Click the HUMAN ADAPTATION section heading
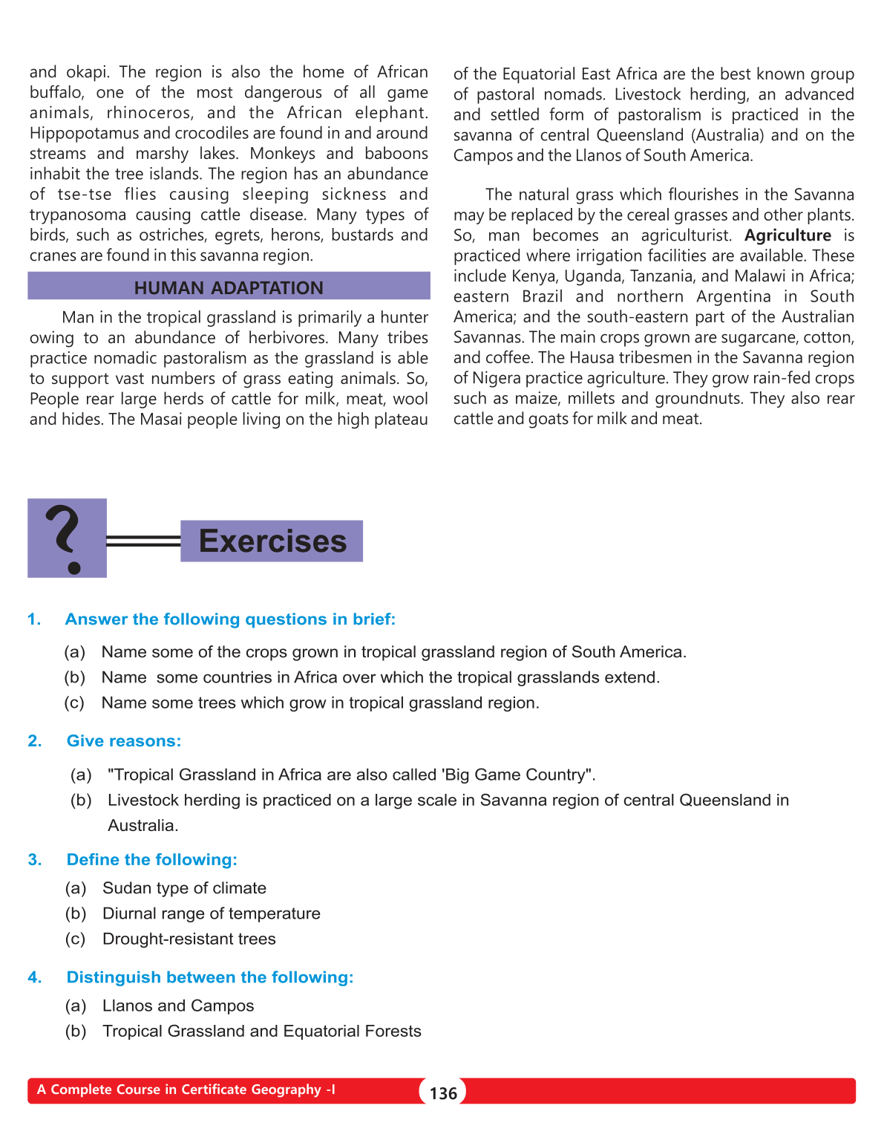click(x=229, y=287)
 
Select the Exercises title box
click(x=272, y=541)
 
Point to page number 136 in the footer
click(x=443, y=1093)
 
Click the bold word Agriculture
click(x=788, y=235)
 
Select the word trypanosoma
click(x=76, y=215)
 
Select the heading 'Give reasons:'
click(x=124, y=741)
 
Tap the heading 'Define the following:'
click(x=151, y=859)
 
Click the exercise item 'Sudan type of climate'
click(x=184, y=888)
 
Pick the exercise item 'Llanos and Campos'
click(x=178, y=1006)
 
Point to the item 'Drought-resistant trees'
click(x=189, y=939)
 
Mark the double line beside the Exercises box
click(x=143, y=541)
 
